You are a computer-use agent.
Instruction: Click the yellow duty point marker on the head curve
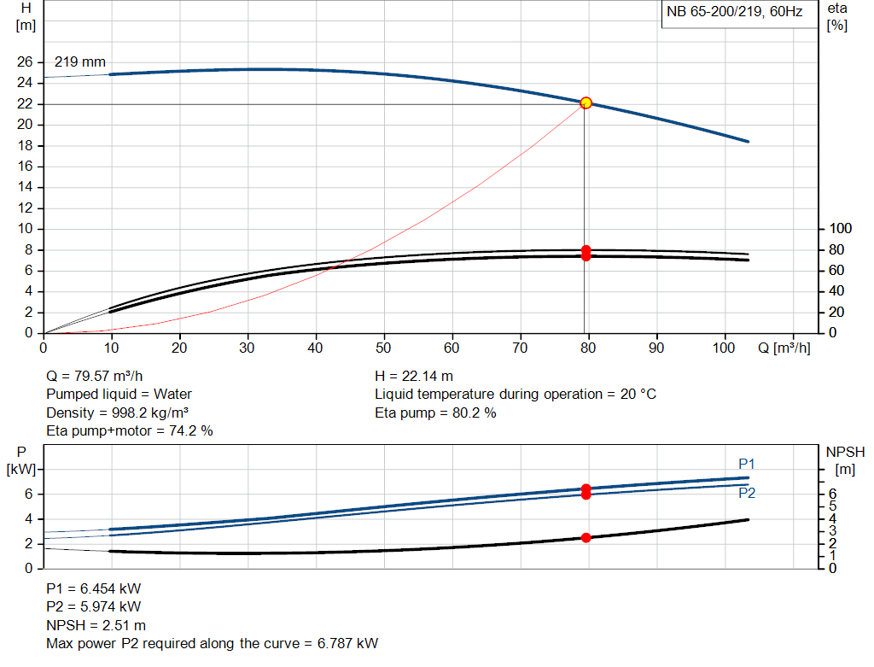(x=586, y=102)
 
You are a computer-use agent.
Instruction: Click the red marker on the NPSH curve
(x=586, y=537)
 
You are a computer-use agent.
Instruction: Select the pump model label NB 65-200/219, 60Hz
(x=734, y=13)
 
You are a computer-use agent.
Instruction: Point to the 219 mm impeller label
(x=80, y=62)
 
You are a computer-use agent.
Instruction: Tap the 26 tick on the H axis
(x=25, y=62)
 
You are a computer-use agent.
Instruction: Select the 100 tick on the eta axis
(x=842, y=229)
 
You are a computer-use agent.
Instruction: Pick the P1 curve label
(x=747, y=464)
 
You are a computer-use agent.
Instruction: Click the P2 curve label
(x=747, y=493)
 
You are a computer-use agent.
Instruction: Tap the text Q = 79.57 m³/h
(x=102, y=376)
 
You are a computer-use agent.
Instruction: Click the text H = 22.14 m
(x=414, y=376)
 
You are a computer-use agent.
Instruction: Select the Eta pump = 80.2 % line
(x=435, y=412)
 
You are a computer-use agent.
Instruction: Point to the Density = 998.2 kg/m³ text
(x=117, y=412)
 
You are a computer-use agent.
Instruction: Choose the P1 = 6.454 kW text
(x=94, y=588)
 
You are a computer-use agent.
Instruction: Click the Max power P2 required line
(x=212, y=643)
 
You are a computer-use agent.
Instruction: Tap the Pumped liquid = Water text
(x=119, y=394)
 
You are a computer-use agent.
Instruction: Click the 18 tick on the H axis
(x=25, y=145)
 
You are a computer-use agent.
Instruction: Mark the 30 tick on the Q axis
(x=248, y=348)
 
